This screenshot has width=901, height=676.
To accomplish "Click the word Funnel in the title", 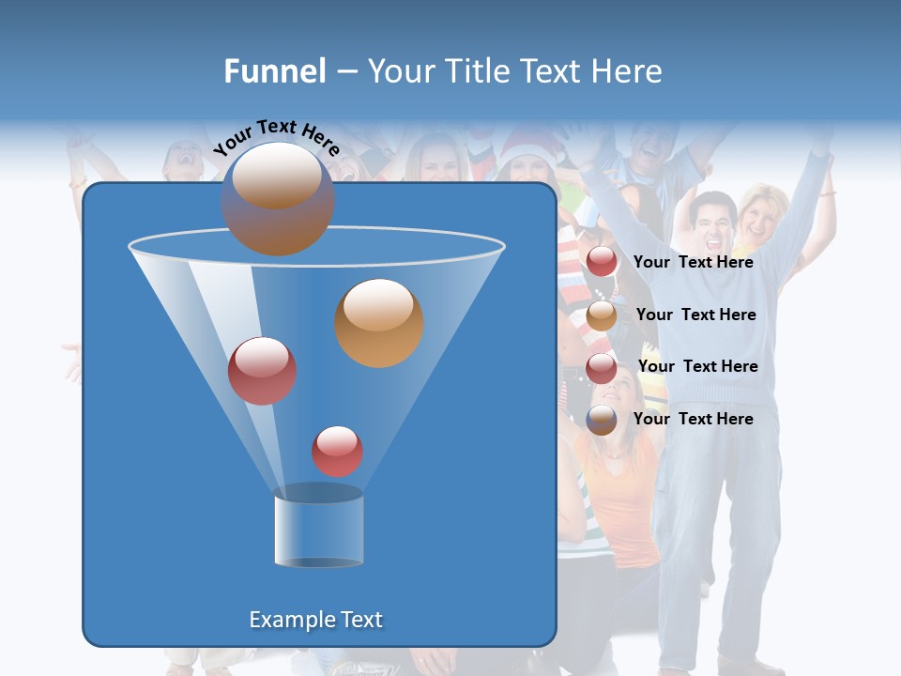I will click(275, 71).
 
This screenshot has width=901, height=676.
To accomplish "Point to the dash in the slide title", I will click(346, 72).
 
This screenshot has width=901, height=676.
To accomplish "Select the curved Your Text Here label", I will click(276, 136).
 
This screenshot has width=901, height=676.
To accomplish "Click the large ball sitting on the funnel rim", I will click(277, 199).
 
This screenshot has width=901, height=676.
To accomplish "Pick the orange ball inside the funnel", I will click(379, 323).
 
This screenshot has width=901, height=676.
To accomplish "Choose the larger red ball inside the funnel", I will click(262, 371).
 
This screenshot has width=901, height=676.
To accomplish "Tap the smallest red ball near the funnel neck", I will click(337, 451).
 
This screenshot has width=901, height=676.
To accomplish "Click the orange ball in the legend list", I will click(602, 315).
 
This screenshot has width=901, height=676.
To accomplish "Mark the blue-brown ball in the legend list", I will click(602, 420).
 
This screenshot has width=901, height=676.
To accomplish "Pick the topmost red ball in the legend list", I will click(602, 262).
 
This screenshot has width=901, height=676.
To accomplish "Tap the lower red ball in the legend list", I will click(602, 367).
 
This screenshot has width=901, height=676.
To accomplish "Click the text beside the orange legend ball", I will click(695, 315).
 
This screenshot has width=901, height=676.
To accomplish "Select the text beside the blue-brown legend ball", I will click(693, 419).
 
